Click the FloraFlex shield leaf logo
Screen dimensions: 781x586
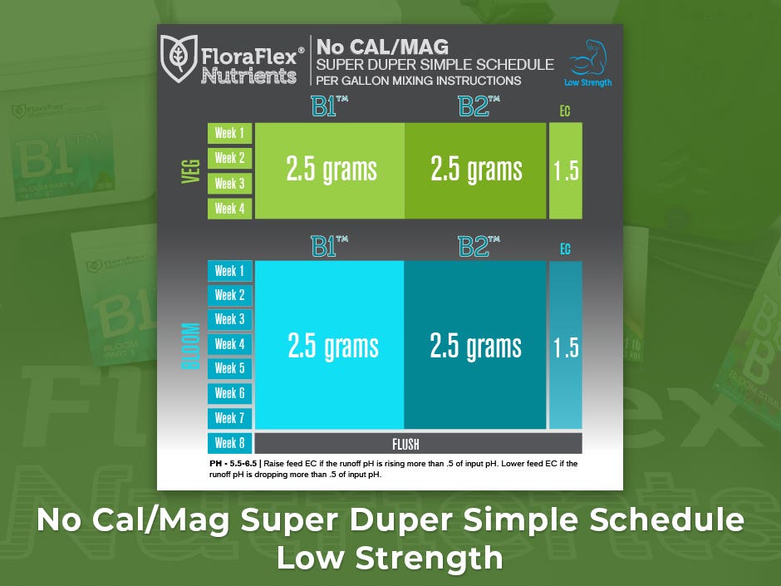pos(179,58)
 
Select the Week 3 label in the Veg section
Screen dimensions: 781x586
pos(229,184)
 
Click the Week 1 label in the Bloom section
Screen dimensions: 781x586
pos(229,271)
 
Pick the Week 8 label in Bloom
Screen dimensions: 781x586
pos(229,443)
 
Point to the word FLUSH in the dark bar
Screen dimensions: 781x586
pos(405,444)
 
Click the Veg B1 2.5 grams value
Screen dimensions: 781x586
pos(332,170)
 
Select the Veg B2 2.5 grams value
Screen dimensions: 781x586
pos(476,170)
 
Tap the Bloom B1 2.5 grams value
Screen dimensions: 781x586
pos(332,347)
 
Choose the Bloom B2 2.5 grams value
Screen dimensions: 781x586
pos(476,347)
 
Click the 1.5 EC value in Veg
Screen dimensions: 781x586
pos(566,171)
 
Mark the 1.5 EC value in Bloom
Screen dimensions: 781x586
pos(566,347)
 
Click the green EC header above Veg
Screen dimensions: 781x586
pos(565,111)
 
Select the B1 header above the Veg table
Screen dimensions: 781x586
pos(329,106)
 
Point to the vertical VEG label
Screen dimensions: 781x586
pos(191,171)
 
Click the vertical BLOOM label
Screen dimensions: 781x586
pos(191,347)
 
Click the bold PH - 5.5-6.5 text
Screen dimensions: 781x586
pos(233,464)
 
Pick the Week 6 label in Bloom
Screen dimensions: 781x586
pos(229,393)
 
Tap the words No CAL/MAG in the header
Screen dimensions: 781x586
pos(382,47)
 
